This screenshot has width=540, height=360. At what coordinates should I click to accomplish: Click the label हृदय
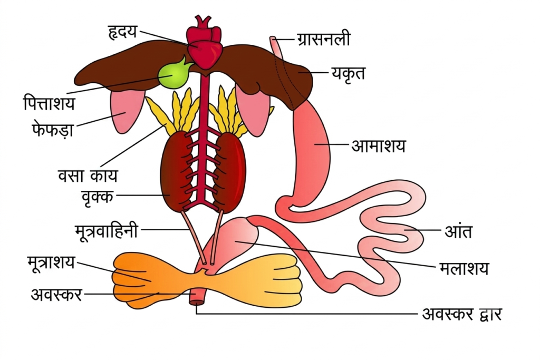[123, 32]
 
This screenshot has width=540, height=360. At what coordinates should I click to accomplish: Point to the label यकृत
[348, 73]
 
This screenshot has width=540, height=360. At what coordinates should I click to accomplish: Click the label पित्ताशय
[49, 103]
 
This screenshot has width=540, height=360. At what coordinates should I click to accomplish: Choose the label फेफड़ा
[52, 129]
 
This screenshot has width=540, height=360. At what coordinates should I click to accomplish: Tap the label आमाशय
[379, 145]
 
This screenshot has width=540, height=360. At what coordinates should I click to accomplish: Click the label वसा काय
[88, 176]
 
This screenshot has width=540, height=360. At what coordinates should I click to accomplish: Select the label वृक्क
[98, 197]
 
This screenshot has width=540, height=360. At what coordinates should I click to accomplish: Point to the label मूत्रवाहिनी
[106, 230]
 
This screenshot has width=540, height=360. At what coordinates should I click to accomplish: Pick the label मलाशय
[464, 267]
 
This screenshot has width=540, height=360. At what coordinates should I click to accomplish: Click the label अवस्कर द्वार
[462, 314]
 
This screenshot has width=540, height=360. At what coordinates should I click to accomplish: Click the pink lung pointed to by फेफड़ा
[126, 112]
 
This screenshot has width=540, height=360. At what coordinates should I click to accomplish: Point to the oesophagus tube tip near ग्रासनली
[273, 38]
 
